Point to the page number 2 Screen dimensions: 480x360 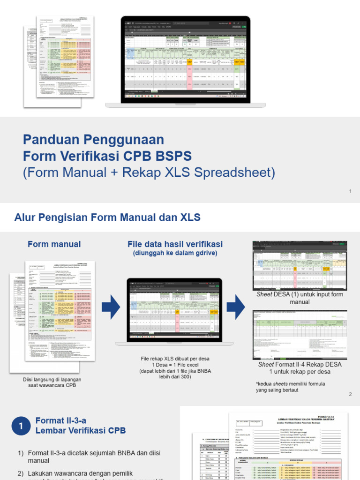point(350,394)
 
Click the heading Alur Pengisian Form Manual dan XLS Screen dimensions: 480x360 point(107,217)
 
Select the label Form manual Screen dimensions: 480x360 point(54,244)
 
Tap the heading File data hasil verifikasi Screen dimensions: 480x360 point(175,244)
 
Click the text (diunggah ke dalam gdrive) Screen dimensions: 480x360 point(175,253)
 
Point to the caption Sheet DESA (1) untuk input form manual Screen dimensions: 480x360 point(300,298)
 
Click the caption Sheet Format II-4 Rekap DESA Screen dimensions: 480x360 point(300,364)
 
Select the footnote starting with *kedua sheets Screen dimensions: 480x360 point(290,387)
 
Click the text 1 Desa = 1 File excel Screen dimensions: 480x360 point(175,365)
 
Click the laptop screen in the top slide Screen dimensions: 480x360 point(186,60)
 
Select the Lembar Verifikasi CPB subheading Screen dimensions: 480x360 point(80,430)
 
